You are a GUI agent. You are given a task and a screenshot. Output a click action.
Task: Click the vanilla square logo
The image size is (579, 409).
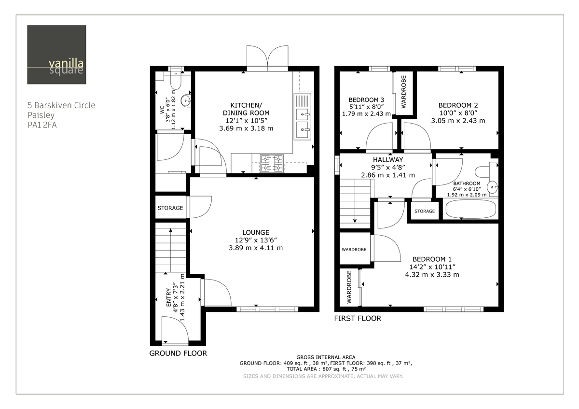coord(56,55)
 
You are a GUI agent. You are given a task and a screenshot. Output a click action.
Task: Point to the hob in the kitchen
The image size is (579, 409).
coord(272,163)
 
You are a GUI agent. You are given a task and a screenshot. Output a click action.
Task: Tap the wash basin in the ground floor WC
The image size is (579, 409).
coord(185,101)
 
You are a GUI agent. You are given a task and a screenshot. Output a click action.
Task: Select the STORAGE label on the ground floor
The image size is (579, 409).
coord(170,208)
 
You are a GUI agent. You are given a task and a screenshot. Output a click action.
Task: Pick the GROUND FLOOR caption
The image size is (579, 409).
coord(178,353)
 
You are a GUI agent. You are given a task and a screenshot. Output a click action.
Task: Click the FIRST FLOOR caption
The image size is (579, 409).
coord(358,319)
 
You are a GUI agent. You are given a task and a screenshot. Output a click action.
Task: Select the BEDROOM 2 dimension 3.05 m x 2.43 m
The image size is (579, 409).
coord(458,121)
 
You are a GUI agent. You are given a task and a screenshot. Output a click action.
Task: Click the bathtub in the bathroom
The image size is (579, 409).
coord(470,209)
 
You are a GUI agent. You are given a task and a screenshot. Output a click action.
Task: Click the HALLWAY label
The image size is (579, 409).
coord(387,160)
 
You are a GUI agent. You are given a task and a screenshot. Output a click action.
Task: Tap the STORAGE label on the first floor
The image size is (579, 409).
coord(425,211)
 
